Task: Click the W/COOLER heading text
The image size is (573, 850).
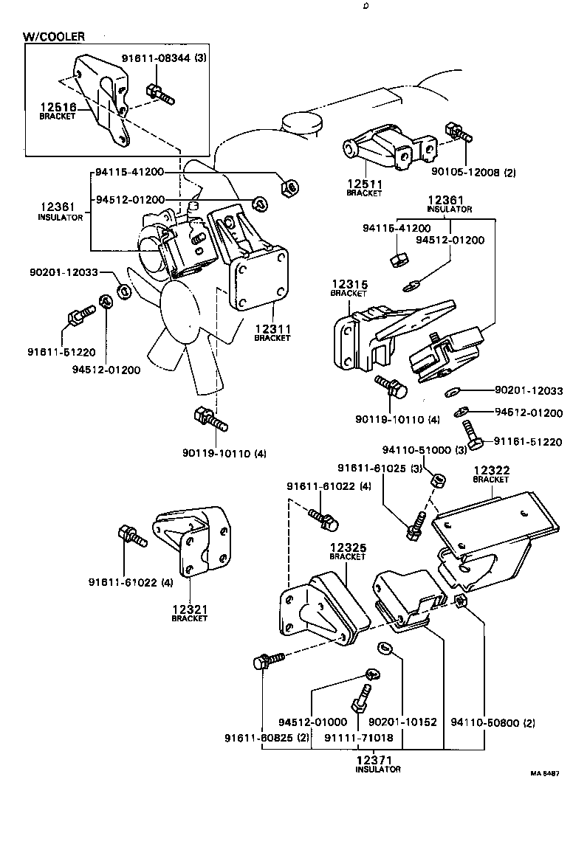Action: (54, 35)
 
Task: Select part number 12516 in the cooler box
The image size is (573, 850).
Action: (58, 107)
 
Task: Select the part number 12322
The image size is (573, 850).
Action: (491, 470)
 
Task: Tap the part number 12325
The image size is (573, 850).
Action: (347, 547)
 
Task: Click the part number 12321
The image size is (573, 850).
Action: (190, 609)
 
